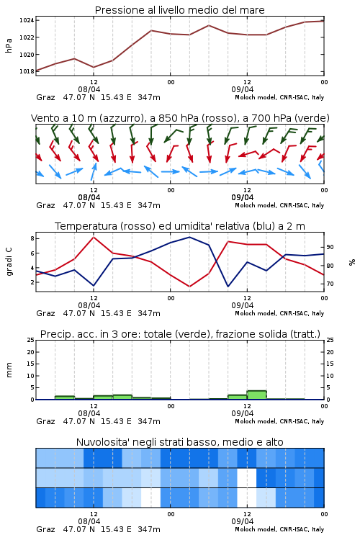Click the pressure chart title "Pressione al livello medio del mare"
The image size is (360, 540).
point(179,10)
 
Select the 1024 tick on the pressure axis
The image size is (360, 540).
point(27,20)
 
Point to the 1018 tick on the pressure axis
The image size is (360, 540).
point(27,71)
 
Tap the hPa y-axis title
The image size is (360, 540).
point(9,45)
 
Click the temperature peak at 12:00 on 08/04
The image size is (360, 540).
point(94,237)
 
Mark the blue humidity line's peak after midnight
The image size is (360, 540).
point(189,237)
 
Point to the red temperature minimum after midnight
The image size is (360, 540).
point(190,287)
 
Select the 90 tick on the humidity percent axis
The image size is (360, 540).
point(330,247)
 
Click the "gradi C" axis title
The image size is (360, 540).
point(9,262)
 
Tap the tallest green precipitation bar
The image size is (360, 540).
point(256,395)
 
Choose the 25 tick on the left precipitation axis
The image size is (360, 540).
point(30,340)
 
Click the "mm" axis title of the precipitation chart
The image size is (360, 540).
point(9,370)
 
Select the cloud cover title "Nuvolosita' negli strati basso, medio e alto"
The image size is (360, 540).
point(179,442)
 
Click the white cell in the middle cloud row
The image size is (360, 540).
point(247,477)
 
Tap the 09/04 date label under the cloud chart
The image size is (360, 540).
point(243,521)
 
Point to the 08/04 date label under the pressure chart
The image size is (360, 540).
point(89,89)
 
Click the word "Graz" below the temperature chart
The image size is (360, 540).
point(45,313)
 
